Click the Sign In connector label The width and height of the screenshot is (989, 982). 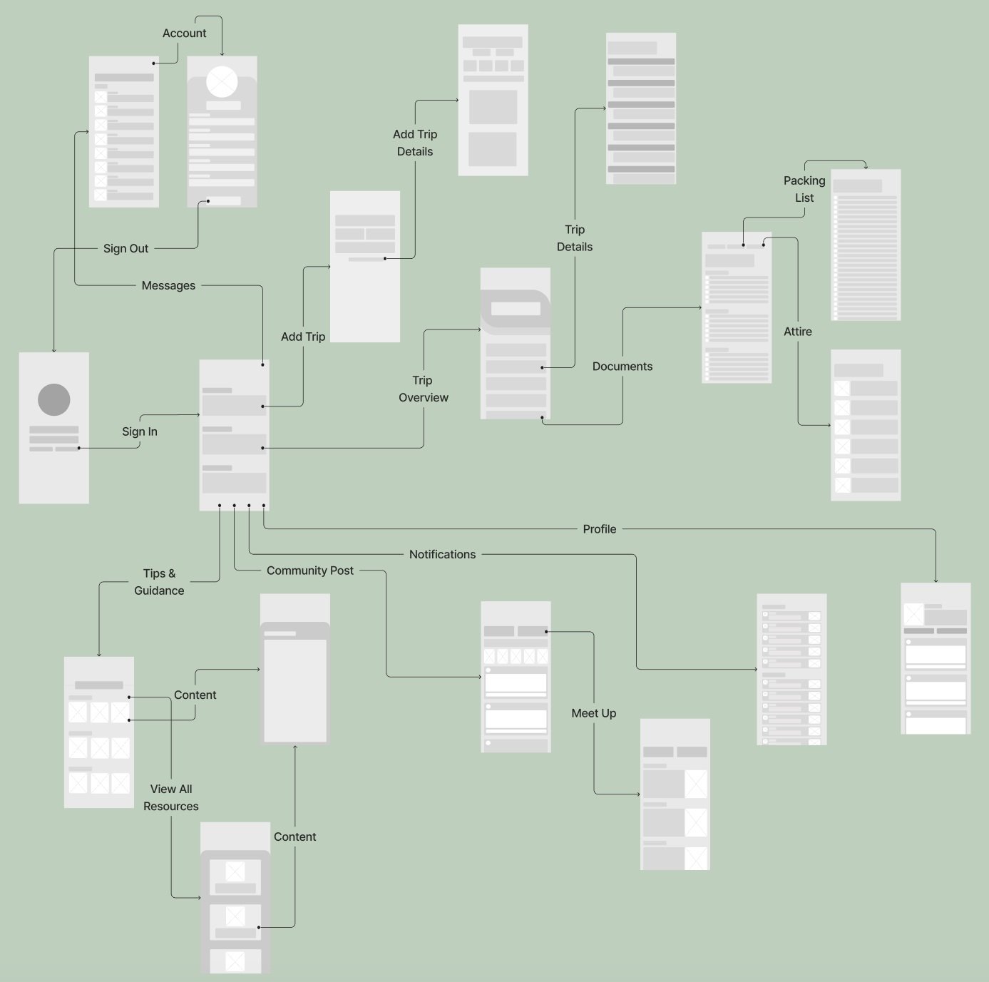[x=140, y=431]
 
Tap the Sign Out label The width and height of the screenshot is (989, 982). [x=126, y=248]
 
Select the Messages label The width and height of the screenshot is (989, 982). [x=168, y=285]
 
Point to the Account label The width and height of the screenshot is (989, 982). [x=185, y=33]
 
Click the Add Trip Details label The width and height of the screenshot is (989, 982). [x=415, y=143]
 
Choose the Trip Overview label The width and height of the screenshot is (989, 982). [x=424, y=389]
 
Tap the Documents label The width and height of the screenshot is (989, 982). [x=622, y=366]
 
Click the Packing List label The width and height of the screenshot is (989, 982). [x=804, y=189]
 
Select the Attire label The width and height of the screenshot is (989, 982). [x=798, y=332]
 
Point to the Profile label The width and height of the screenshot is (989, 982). [x=600, y=529]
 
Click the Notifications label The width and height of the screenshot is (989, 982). [x=442, y=554]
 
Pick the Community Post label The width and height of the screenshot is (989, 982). [x=310, y=571]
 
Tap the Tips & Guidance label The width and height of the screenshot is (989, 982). [x=159, y=582]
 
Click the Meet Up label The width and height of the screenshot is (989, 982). [x=594, y=713]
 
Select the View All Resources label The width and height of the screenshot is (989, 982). [x=171, y=797]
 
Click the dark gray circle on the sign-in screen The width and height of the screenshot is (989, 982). [x=54, y=399]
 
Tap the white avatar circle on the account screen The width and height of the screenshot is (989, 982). [x=222, y=81]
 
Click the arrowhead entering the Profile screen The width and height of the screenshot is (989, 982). [x=936, y=580]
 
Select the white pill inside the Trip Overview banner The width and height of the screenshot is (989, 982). [x=516, y=309]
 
